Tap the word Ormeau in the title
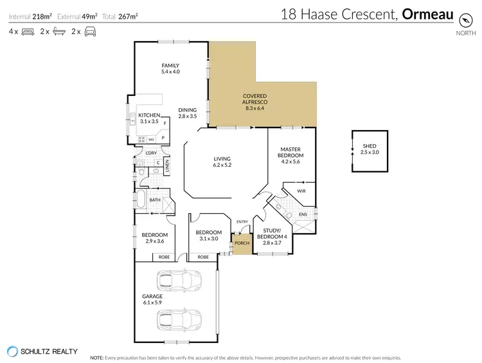(429, 14)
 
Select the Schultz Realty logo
(12, 351)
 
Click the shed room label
(370, 149)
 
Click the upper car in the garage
(179, 281)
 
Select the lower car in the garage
(179, 318)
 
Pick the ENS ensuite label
(303, 214)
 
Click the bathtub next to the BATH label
(139, 200)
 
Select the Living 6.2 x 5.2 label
(222, 162)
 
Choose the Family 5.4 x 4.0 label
(170, 68)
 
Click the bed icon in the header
(28, 31)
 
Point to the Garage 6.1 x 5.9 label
(152, 299)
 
